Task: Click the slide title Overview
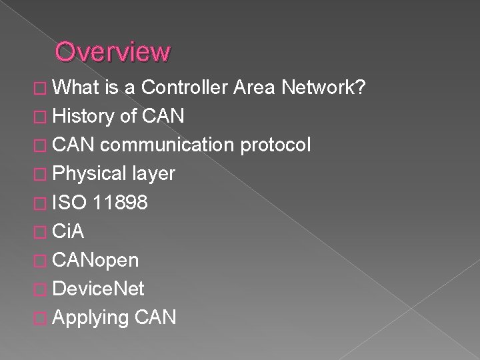pos(113,51)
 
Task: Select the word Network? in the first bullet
pos(323,88)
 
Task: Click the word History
pos(83,117)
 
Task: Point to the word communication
pos(165,145)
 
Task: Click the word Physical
pos(89,174)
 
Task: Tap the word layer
pos(153,174)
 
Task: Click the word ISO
pos(70,203)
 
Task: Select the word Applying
pos(90,317)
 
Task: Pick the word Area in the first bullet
pos(257,88)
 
